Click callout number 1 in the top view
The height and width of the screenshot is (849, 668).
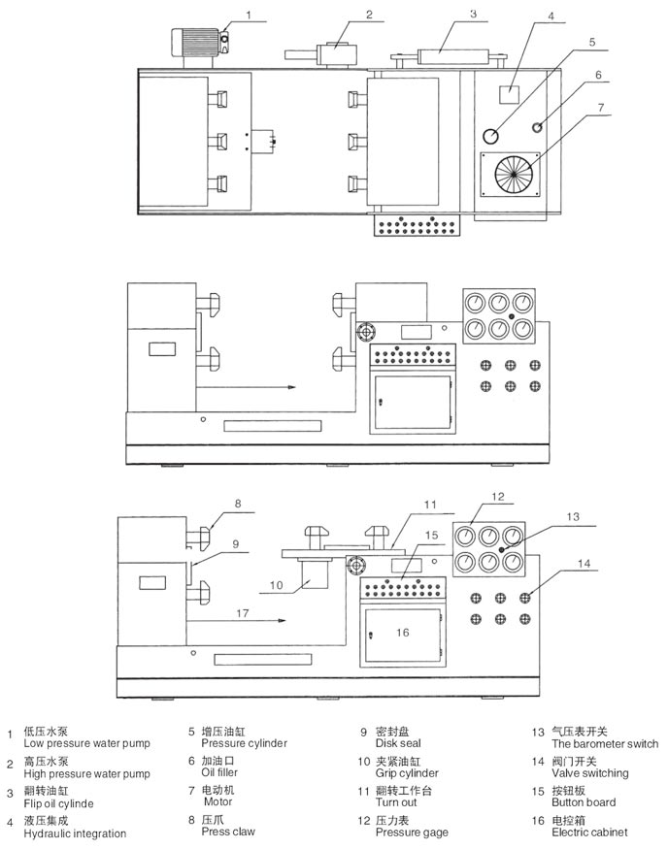coord(249,15)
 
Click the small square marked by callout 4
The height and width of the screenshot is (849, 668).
coord(506,94)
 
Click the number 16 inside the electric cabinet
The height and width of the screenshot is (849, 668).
coord(402,633)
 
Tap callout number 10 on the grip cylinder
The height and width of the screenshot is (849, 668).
coord(276,585)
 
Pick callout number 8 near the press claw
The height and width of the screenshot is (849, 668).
coord(236,504)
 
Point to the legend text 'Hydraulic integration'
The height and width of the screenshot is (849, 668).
coord(75,833)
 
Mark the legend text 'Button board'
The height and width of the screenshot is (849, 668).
coord(584,802)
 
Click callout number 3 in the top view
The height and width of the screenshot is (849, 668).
coord(473,14)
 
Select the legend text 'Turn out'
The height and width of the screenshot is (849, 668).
coord(396,802)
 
